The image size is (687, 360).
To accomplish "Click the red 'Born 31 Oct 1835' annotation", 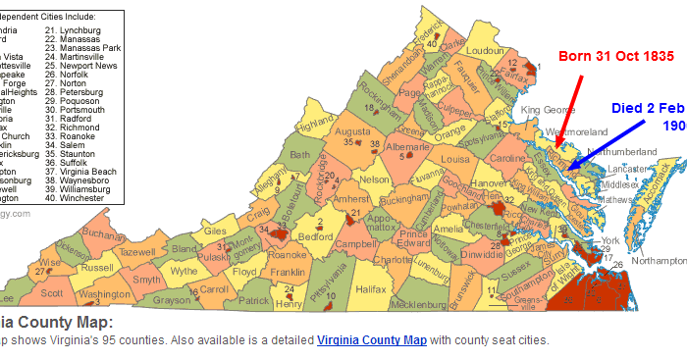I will tap(615, 56).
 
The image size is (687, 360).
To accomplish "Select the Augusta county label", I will tap(353, 130).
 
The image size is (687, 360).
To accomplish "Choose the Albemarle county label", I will tap(404, 143).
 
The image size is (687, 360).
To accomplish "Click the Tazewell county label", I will tap(136, 252).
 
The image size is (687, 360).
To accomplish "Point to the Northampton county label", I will tap(658, 261).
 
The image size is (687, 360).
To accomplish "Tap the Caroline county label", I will tap(506, 158).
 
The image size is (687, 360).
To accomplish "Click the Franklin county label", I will tap(287, 272).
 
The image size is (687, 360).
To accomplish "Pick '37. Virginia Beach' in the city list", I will tap(87, 171).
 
